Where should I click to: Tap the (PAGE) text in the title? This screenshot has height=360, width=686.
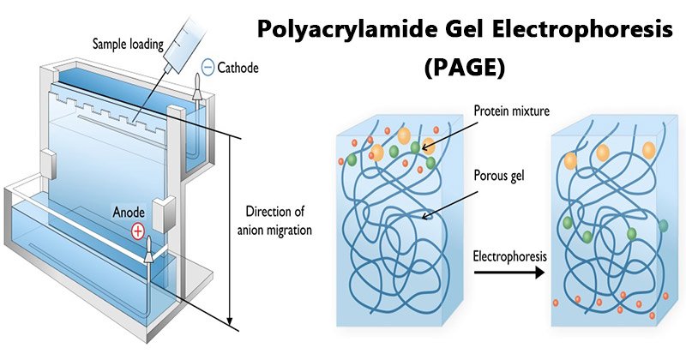(x=464, y=68)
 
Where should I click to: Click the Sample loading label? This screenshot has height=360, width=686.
(x=128, y=45)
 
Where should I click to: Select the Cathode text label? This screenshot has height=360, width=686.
(x=238, y=68)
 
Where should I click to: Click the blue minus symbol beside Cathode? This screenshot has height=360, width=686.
(x=208, y=68)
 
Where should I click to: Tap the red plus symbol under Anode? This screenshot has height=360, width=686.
(x=138, y=231)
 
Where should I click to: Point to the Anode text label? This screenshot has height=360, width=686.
(x=129, y=213)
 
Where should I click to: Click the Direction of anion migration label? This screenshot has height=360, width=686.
(x=274, y=221)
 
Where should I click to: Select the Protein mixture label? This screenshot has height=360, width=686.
(x=512, y=111)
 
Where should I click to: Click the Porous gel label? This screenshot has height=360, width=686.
(x=499, y=176)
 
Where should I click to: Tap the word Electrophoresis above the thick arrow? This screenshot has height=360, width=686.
(x=509, y=256)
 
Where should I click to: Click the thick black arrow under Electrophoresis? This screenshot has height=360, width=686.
(x=509, y=273)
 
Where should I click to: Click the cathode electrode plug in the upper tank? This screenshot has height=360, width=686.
(x=197, y=87)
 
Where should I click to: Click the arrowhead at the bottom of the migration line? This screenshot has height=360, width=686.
(x=230, y=321)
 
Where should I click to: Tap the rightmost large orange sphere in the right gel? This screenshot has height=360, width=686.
(x=649, y=150)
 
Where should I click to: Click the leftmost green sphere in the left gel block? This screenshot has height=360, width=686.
(x=352, y=159)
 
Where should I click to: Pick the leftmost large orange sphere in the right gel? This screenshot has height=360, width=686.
(x=570, y=160)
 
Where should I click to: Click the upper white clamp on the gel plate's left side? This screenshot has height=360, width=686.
(x=48, y=164)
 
